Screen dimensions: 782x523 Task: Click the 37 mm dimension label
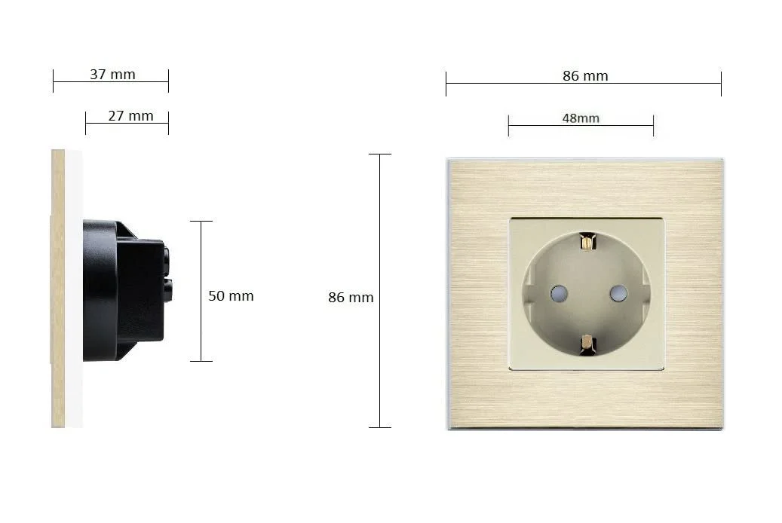112,75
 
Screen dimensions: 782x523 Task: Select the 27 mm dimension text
130,115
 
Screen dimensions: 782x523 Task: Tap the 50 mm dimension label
231,295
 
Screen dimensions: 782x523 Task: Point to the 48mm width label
581,118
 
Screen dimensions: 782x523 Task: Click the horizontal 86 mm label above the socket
585,76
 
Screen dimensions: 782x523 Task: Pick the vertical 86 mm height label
351,297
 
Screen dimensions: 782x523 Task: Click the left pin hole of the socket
559,293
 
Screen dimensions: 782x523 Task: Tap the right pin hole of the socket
618,293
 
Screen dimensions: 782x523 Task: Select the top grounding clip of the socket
588,243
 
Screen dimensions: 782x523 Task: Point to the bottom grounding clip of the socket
588,345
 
